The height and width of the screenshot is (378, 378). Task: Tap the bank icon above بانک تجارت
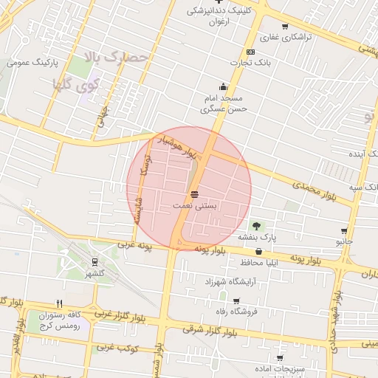point(251,52)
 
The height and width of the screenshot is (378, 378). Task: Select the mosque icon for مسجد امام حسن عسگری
point(223,87)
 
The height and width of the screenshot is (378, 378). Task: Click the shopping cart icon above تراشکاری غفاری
point(285,27)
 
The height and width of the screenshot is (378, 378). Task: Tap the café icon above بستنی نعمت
point(194,194)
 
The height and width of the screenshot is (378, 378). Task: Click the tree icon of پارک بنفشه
point(256,225)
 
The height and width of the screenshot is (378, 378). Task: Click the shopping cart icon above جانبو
point(344,231)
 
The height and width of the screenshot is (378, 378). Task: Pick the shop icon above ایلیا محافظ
point(258,252)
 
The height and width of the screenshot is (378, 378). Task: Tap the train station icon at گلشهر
point(95,262)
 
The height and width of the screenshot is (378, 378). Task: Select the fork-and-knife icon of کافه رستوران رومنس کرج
point(60,303)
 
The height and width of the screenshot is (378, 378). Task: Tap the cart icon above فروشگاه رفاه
point(236,300)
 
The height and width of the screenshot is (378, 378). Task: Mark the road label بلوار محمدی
point(314,188)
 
